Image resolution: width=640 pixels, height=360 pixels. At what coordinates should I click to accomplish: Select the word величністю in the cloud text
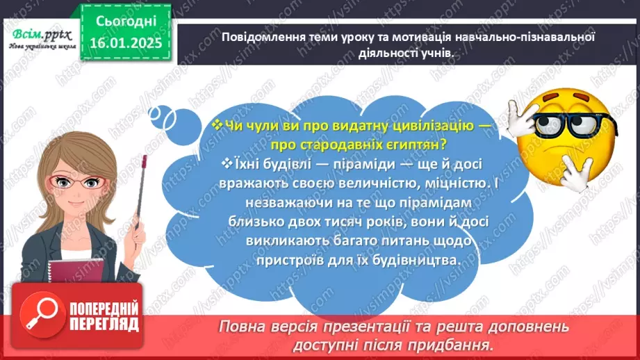354,182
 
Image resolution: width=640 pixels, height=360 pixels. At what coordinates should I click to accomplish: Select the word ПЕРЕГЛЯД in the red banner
104,325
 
